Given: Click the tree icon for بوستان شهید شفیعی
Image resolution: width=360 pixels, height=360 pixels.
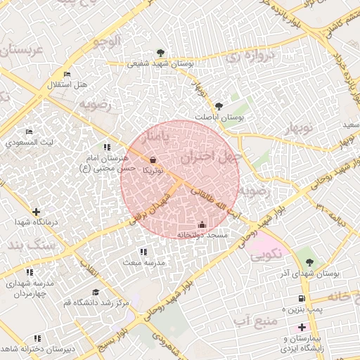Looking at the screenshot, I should pyautogui.click(x=161, y=53).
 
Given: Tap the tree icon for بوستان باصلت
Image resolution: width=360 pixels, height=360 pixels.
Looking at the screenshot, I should pyautogui.click(x=219, y=106).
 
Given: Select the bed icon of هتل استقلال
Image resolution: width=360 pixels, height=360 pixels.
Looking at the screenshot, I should pyautogui.click(x=67, y=75).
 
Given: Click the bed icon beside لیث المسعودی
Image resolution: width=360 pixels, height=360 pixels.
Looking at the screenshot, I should pyautogui.click(x=29, y=131).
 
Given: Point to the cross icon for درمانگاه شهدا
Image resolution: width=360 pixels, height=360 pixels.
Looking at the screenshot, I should pyautogui.click(x=36, y=212).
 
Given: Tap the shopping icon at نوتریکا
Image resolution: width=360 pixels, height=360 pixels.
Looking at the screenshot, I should pyautogui.click(x=153, y=160).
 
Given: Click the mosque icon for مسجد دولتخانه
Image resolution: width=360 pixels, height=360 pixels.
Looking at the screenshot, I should pyautogui.click(x=202, y=225).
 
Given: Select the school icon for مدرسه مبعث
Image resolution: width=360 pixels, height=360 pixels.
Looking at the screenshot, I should pyautogui.click(x=143, y=252).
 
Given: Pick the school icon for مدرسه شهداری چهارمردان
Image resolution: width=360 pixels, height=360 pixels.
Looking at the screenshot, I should pyautogui.click(x=30, y=272).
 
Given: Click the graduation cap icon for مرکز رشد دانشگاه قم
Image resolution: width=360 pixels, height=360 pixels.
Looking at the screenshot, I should pyautogui.click(x=94, y=292).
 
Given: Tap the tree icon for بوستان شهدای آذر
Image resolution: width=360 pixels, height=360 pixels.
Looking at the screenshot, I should pyautogui.click(x=309, y=262).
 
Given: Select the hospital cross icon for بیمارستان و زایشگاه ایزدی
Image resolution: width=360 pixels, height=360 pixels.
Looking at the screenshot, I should pyautogui.click(x=302, y=327).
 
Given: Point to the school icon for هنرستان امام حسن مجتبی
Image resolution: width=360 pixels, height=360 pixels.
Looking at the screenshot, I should pyautogui.click(x=107, y=148).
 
